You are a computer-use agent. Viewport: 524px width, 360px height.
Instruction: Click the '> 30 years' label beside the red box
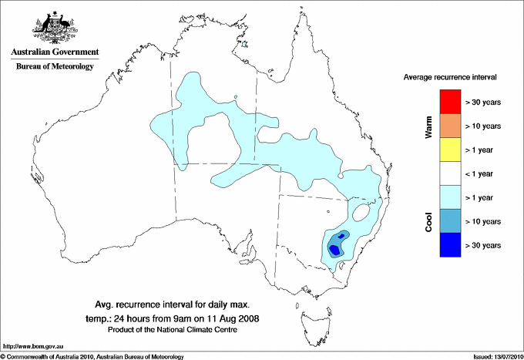tap(483, 102)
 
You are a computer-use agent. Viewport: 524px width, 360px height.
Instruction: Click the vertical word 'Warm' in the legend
tap(429, 126)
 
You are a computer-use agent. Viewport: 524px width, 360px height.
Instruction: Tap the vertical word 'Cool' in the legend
tap(429, 221)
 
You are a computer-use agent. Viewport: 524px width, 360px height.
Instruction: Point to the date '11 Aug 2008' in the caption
tap(232, 318)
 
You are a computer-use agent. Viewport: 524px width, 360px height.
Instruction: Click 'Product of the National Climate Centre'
tap(172, 330)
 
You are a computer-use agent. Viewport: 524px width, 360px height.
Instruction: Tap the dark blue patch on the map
tap(335, 248)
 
